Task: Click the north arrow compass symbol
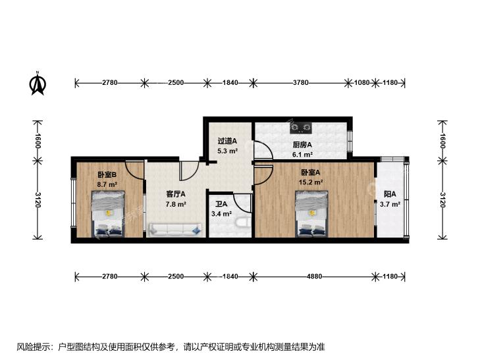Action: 38,83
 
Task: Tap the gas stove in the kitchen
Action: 301,127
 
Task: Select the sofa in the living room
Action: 175,230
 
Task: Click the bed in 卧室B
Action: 108,214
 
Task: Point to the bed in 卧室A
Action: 311,214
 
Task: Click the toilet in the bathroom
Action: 243,222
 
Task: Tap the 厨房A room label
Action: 302,145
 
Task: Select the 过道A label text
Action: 227,141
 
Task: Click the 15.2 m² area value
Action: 311,182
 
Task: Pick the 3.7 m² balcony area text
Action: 390,204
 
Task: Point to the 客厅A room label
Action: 175,194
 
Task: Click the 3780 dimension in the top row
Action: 301,82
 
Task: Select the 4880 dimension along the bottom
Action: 314,276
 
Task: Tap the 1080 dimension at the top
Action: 362,82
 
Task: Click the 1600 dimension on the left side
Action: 38,140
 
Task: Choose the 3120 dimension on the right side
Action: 442,199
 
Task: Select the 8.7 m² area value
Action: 107,185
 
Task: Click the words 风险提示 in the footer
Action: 34,347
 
